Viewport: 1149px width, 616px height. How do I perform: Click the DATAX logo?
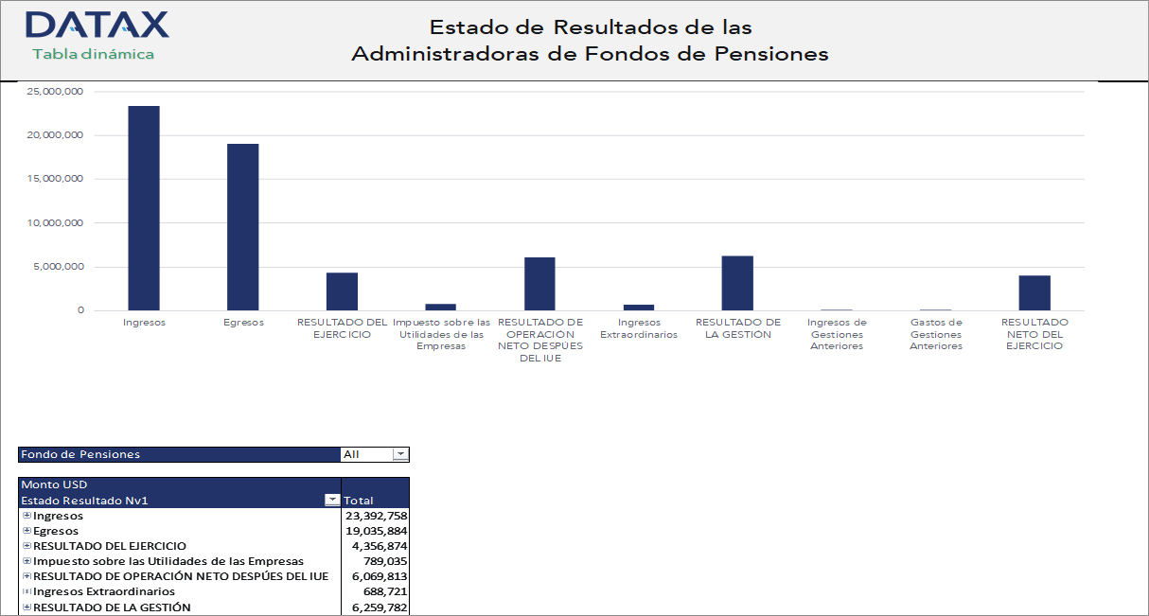(97, 25)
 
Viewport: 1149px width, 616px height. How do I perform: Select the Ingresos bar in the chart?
(144, 208)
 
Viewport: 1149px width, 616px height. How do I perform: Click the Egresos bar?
(242, 227)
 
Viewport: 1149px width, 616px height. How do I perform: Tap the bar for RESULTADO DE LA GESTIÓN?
(737, 283)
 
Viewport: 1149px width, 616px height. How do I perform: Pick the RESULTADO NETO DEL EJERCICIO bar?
(1034, 292)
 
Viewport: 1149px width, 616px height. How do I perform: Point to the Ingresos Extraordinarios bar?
(638, 307)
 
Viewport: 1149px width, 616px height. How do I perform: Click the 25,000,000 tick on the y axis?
(56, 92)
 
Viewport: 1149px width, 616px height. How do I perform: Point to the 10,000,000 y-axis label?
(56, 223)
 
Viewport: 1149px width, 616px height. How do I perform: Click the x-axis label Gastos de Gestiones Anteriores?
(935, 334)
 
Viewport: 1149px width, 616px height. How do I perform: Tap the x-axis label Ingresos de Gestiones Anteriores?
(836, 334)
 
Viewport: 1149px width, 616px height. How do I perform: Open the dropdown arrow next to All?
(400, 454)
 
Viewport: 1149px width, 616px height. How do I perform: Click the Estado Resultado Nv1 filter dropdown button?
(331, 500)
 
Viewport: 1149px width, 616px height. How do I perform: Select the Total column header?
(359, 501)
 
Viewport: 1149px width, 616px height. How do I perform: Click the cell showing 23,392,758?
(376, 516)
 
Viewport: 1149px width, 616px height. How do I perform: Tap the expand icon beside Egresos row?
(27, 531)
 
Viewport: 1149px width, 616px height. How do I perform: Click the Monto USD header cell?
(55, 484)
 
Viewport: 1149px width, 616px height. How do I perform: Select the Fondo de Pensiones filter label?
(80, 454)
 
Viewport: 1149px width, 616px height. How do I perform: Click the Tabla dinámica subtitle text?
(93, 54)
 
